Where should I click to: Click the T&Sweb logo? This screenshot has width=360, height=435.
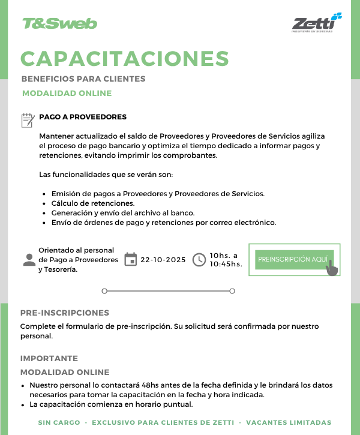click(x=59, y=23)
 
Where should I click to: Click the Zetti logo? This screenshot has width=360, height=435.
click(x=316, y=23)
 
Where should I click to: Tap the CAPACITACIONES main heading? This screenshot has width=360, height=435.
click(x=125, y=58)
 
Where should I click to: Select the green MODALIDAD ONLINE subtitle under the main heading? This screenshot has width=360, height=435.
click(x=67, y=93)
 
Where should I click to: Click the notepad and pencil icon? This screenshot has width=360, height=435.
click(x=28, y=120)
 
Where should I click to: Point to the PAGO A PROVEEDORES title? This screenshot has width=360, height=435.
click(x=83, y=117)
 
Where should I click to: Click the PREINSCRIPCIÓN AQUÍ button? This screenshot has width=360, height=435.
click(x=293, y=259)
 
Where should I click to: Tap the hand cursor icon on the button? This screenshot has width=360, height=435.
click(x=332, y=267)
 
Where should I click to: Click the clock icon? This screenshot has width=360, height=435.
click(x=199, y=260)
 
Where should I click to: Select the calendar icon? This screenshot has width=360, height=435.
click(x=130, y=260)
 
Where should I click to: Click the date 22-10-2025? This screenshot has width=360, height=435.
click(x=163, y=260)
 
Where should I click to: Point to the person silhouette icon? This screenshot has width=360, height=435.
click(x=29, y=260)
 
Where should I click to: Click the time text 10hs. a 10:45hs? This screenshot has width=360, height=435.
click(x=226, y=259)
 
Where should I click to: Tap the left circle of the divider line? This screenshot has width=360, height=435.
click(x=104, y=291)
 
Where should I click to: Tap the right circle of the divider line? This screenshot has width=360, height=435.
click(x=232, y=291)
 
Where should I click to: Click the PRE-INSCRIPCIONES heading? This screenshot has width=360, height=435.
click(x=65, y=313)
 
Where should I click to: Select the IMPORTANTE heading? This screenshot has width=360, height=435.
click(x=49, y=358)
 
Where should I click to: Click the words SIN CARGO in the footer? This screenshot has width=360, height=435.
click(x=59, y=422)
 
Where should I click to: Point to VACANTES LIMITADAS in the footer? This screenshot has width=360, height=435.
click(x=289, y=422)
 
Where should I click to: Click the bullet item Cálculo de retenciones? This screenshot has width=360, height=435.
click(x=92, y=203)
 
